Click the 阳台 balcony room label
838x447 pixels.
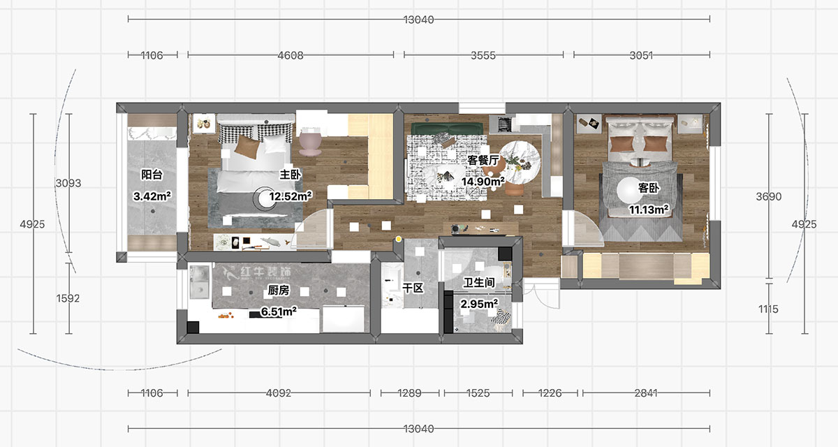click(x=152, y=175)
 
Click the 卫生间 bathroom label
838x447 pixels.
click(x=479, y=283)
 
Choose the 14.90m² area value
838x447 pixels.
click(x=483, y=182)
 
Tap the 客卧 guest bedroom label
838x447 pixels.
click(x=649, y=188)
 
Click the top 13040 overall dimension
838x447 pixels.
click(x=418, y=20)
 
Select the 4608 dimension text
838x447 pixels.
click(x=291, y=55)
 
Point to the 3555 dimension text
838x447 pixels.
click(x=483, y=55)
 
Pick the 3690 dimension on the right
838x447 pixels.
click(x=769, y=197)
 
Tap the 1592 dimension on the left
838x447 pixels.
click(x=68, y=298)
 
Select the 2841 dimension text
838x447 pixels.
click(x=645, y=393)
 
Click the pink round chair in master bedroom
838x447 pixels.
click(x=309, y=142)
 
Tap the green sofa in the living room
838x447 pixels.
click(x=447, y=129)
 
